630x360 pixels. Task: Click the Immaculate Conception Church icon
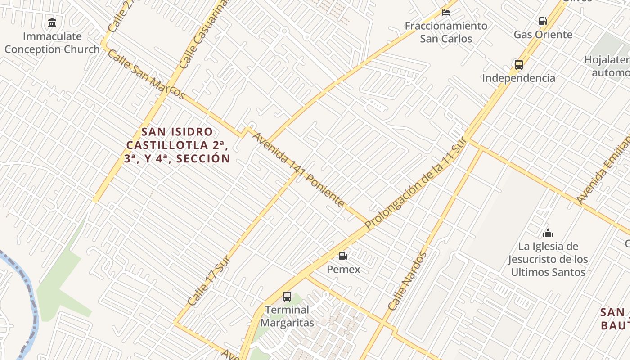tap(52, 22)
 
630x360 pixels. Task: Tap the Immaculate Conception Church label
tap(52, 43)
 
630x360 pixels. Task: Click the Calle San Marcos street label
tap(146, 75)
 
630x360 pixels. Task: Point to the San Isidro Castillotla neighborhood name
tap(177, 145)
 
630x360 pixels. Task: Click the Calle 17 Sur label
tap(209, 281)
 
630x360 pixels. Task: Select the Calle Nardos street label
tap(407, 281)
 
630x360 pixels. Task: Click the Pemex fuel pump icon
tap(343, 256)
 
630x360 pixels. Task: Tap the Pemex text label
tap(343, 269)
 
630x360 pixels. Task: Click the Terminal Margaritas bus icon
tap(287, 296)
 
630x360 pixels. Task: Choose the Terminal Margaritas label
tap(287, 316)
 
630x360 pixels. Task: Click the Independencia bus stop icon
tap(518, 64)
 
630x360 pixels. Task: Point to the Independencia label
tap(518, 78)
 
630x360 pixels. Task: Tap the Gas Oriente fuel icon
tap(543, 21)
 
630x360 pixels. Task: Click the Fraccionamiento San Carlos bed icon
tap(446, 12)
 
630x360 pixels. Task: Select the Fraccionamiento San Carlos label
tap(446, 32)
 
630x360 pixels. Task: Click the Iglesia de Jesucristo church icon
tap(548, 233)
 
